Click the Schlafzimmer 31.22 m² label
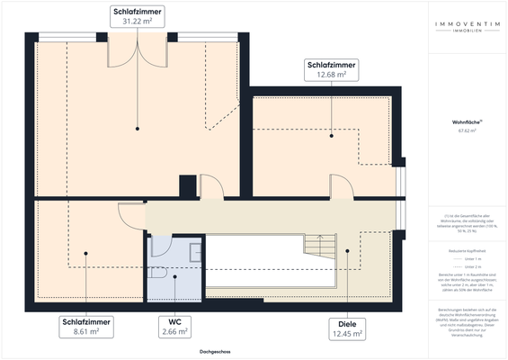(137, 17)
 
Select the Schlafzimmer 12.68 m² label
(332, 70)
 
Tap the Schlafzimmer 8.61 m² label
(86, 326)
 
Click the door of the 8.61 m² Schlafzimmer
(130, 214)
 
